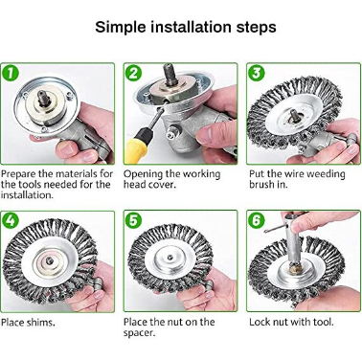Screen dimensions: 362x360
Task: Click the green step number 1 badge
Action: click(11, 73)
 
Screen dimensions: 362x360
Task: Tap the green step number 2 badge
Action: click(133, 73)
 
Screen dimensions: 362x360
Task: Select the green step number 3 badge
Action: click(257, 73)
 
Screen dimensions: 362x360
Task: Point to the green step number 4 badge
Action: click(11, 220)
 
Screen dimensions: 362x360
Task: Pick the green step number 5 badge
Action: click(133, 220)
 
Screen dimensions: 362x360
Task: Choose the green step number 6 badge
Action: click(257, 220)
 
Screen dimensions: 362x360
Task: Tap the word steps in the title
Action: click(257, 28)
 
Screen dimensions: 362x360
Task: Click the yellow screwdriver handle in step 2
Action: click(138, 147)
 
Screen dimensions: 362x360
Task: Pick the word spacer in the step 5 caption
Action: click(139, 333)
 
